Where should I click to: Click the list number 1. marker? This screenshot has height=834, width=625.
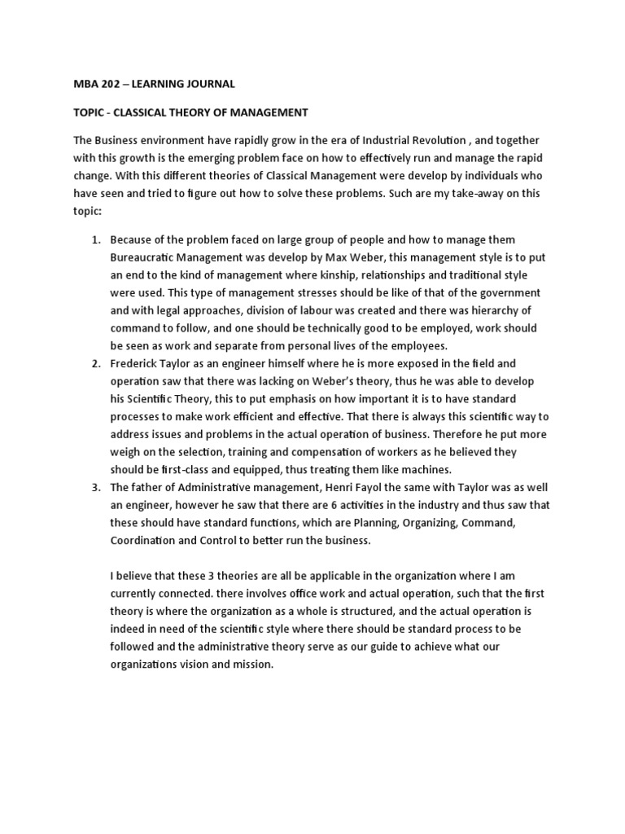point(94,239)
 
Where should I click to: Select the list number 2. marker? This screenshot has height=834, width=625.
point(94,362)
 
